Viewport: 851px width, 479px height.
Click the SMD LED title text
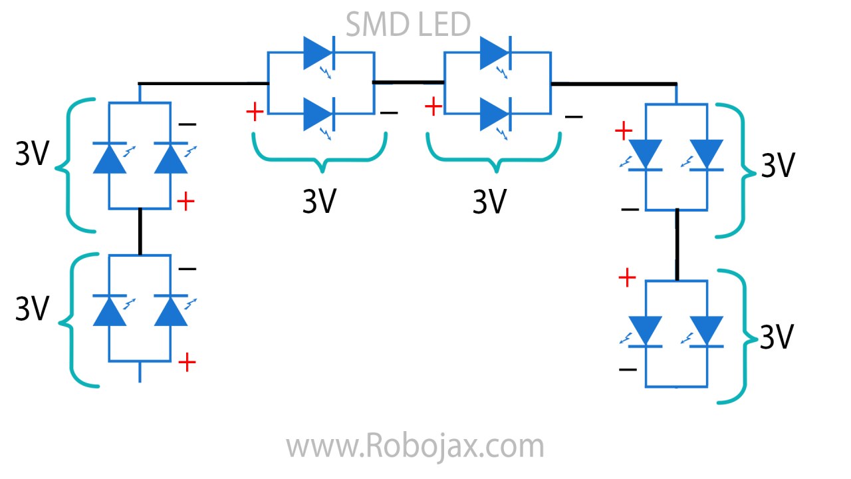[408, 25]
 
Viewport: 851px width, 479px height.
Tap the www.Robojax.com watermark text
[415, 446]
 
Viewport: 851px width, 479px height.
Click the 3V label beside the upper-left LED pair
[33, 155]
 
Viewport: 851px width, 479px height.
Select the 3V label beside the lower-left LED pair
[33, 308]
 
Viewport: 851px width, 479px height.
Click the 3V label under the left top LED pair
[320, 202]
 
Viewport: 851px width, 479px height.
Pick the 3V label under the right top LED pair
[490, 202]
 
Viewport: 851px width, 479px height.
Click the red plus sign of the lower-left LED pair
[187, 363]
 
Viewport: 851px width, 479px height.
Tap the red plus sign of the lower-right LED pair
[627, 278]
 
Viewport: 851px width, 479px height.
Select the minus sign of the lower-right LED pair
[628, 369]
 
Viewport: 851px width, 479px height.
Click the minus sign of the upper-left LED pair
[187, 124]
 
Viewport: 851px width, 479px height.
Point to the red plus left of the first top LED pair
[255, 112]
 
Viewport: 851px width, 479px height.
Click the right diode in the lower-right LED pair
[706, 331]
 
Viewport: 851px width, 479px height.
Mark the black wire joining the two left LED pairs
[140, 231]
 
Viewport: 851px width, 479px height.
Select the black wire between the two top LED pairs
[408, 82]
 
